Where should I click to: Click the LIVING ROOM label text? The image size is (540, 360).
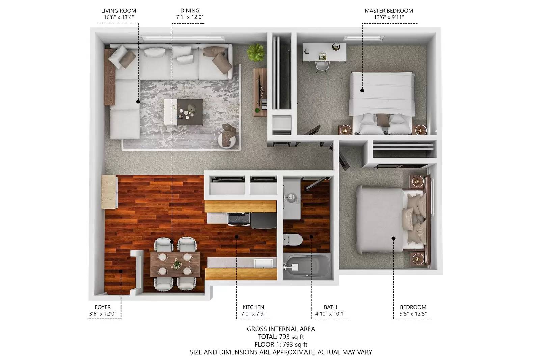[x=118, y=11]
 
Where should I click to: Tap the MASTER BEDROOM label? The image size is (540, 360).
[x=388, y=11]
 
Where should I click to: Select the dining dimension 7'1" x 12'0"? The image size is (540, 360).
[x=190, y=17]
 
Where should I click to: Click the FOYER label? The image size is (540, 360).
[x=103, y=307]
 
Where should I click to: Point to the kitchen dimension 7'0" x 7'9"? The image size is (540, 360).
[x=253, y=314]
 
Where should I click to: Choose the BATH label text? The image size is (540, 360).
[x=330, y=307]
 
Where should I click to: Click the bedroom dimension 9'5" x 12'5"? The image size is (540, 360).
[x=413, y=314]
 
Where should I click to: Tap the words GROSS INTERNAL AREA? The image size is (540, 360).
[x=281, y=329]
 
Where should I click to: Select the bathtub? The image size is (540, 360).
[x=307, y=266]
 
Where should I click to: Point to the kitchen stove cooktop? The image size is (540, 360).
[x=239, y=219]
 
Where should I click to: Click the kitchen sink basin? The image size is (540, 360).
[x=264, y=263]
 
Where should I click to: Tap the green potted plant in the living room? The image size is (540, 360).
[x=255, y=52]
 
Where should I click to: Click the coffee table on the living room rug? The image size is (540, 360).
[x=184, y=112]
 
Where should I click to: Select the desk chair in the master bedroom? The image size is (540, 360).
[x=322, y=66]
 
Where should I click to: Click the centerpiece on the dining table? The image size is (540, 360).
[x=177, y=264]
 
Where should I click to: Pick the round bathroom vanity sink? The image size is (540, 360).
[x=292, y=198]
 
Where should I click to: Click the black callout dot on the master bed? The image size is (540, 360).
[x=362, y=91]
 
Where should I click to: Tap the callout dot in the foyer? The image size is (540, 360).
[x=120, y=271]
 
